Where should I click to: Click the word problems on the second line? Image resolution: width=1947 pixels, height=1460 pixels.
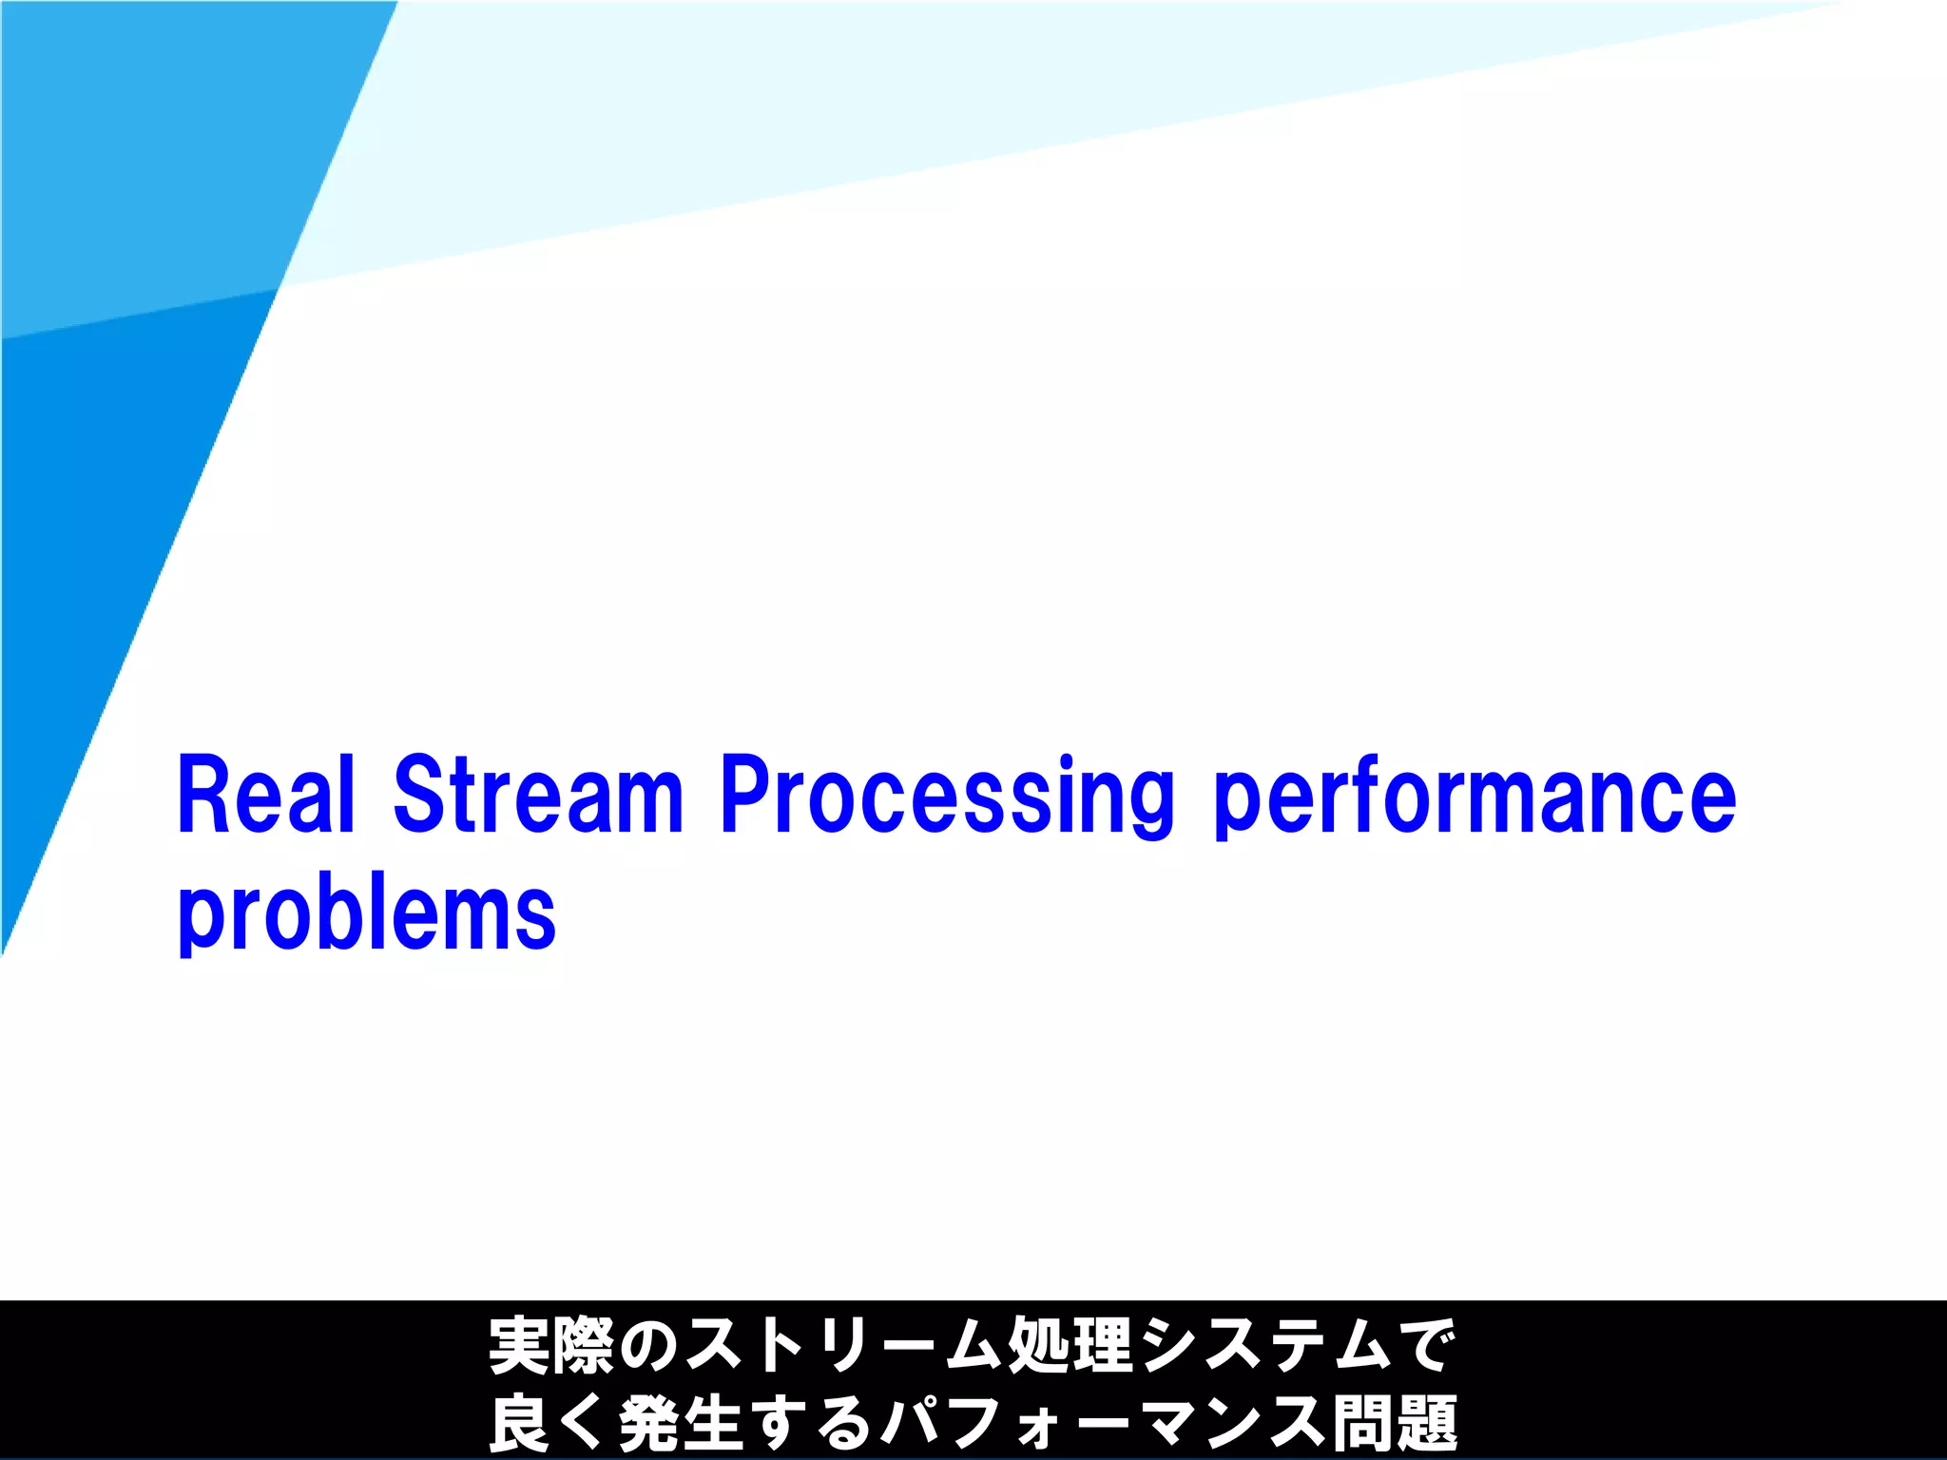(366, 914)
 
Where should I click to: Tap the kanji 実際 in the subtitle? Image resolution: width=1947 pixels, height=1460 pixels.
(551, 1346)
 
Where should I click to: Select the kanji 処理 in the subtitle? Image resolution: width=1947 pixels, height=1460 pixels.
(1070, 1346)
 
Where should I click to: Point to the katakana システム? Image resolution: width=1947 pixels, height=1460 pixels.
(1264, 1346)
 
